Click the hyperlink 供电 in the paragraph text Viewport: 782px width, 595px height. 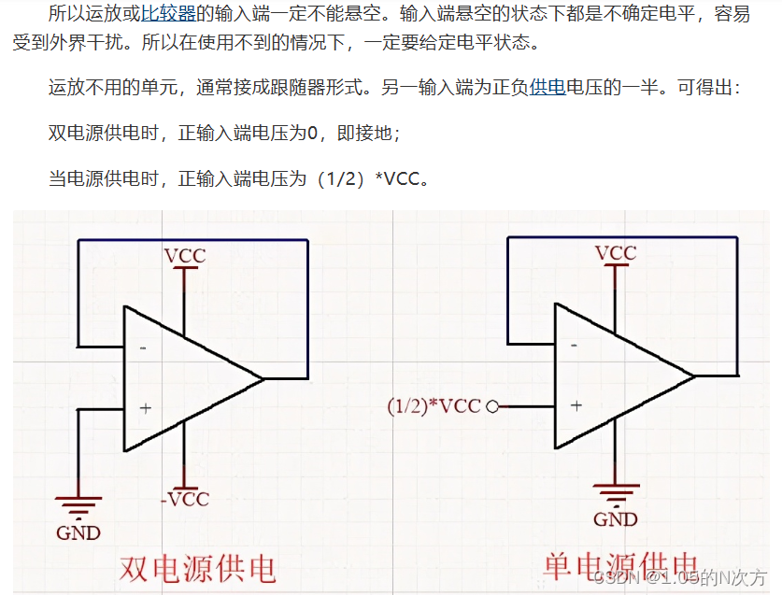pyautogui.click(x=547, y=89)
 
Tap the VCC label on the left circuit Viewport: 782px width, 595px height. pyautogui.click(x=185, y=255)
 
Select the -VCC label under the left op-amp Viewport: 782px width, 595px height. pyautogui.click(x=184, y=499)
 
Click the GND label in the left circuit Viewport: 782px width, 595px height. pyautogui.click(x=78, y=533)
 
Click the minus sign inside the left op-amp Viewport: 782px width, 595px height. pyautogui.click(x=143, y=347)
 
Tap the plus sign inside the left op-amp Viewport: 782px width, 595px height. pyautogui.click(x=145, y=408)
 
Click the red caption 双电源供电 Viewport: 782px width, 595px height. pyautogui.click(x=197, y=569)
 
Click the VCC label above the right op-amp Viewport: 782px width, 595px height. pyautogui.click(x=616, y=253)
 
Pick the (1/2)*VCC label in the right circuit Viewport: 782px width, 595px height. pyautogui.click(x=434, y=406)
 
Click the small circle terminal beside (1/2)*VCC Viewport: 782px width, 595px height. pyautogui.click(x=492, y=406)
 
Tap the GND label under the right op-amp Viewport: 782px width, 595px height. pyautogui.click(x=616, y=519)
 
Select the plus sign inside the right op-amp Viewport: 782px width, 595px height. pyautogui.click(x=576, y=405)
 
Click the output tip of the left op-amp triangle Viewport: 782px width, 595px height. pyautogui.click(x=264, y=378)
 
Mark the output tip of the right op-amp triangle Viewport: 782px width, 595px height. pyautogui.click(x=695, y=376)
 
